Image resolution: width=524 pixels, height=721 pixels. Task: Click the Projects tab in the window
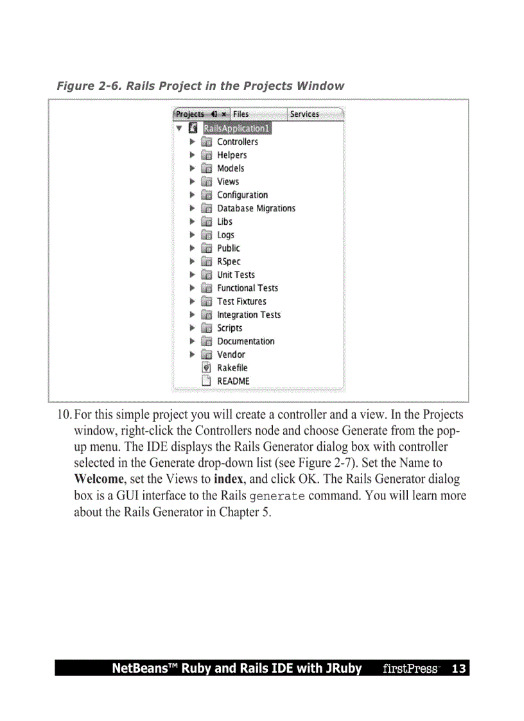(190, 114)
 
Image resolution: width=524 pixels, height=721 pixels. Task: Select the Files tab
(241, 114)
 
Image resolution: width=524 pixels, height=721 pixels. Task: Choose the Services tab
(304, 114)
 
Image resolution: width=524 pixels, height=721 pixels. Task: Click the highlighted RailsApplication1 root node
(237, 128)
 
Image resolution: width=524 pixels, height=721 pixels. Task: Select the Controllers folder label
(238, 142)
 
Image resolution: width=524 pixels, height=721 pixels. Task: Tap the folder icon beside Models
(207, 168)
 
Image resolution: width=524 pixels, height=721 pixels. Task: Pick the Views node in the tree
(228, 182)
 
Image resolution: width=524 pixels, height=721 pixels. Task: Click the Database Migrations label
(256, 209)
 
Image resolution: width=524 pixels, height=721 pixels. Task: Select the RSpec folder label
(229, 261)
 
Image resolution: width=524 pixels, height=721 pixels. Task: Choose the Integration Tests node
(249, 315)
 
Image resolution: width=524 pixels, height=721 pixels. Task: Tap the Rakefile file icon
(207, 368)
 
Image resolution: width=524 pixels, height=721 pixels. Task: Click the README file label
(233, 381)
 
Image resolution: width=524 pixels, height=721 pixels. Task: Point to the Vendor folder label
(231, 354)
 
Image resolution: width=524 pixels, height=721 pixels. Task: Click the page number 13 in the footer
(459, 669)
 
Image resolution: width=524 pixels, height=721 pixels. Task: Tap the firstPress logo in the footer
(411, 669)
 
